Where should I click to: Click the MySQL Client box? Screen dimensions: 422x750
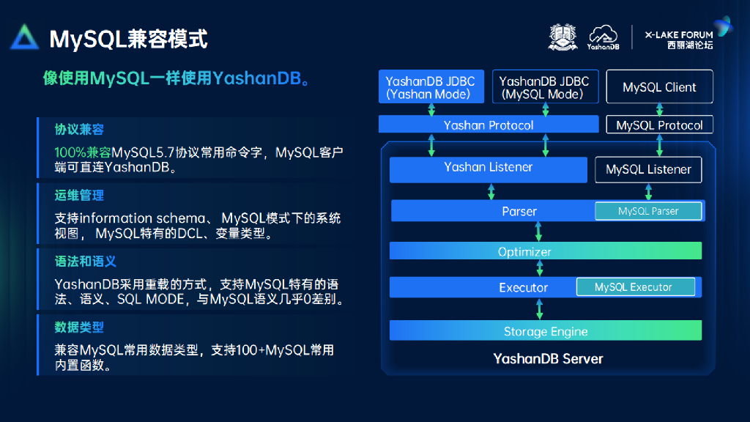click(659, 87)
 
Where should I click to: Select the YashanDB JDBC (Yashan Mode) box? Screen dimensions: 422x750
click(430, 87)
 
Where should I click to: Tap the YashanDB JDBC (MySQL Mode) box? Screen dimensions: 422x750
click(544, 87)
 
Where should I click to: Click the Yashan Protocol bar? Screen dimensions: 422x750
click(489, 125)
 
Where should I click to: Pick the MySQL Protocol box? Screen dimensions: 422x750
click(659, 125)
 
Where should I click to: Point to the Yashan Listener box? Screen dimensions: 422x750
click(488, 168)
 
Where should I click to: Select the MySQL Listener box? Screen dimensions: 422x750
click(648, 169)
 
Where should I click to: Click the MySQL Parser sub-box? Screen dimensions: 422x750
click(648, 211)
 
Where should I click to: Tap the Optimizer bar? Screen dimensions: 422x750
click(524, 251)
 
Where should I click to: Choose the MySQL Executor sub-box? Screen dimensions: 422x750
click(634, 287)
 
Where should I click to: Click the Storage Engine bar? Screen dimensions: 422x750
click(546, 331)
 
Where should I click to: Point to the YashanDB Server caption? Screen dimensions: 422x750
click(548, 359)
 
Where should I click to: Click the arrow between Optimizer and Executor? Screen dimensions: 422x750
click(540, 270)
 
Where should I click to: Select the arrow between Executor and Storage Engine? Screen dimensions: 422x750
click(540, 308)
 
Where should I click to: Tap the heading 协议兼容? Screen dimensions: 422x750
click(79, 129)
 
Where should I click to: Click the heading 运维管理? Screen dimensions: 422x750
click(79, 195)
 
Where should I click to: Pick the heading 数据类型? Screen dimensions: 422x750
click(79, 327)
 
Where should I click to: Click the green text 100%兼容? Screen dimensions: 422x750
click(83, 152)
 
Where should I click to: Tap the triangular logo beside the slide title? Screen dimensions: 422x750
click(25, 37)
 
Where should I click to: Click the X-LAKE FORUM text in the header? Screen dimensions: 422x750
click(678, 34)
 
